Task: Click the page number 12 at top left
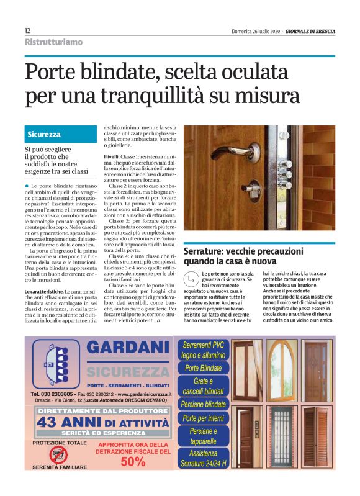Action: (x=27, y=30)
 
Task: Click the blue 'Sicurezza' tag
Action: (x=44, y=134)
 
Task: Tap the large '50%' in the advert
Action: (x=132, y=461)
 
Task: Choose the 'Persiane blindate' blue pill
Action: (x=203, y=404)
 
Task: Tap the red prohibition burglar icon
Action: (x=57, y=455)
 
